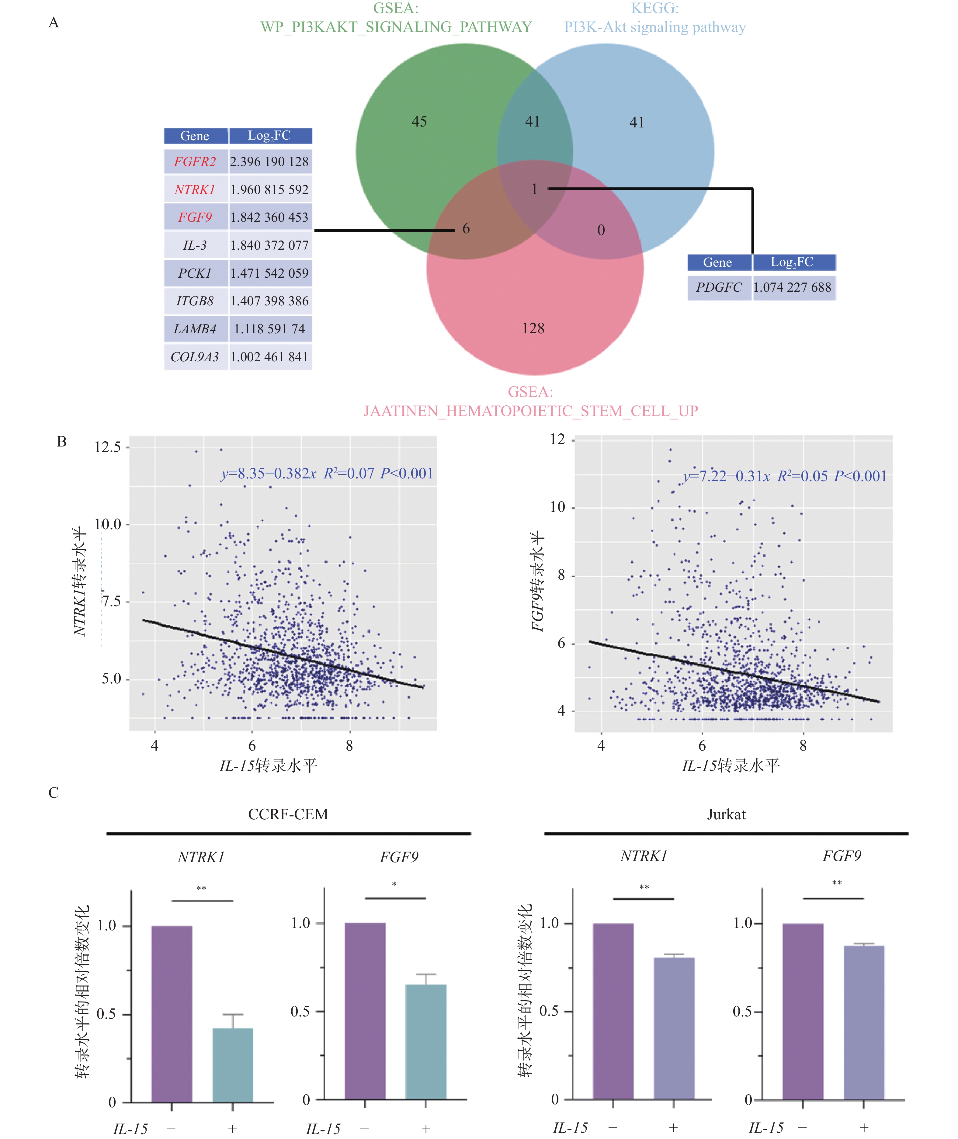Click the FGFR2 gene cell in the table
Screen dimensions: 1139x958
195,162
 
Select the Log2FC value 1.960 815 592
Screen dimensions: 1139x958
269,189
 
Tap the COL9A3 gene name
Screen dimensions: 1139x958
195,357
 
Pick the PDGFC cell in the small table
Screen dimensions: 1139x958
718,287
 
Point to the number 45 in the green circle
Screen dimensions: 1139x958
419,122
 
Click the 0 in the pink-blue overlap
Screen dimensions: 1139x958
601,230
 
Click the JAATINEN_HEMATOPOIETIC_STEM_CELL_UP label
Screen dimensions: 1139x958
531,411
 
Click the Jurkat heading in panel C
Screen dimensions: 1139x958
726,814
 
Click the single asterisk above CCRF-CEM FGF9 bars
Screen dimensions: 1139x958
394,884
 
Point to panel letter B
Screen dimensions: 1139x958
62,442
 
